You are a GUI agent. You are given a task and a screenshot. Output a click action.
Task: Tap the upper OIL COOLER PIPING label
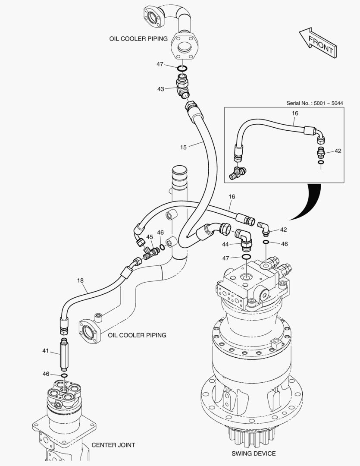pyautogui.click(x=138, y=39)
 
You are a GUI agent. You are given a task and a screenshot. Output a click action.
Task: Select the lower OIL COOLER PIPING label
pyautogui.click(x=137, y=335)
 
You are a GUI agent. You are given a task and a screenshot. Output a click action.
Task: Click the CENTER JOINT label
pyautogui.click(x=113, y=445)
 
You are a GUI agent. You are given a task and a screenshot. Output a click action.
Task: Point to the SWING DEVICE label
pyautogui.click(x=254, y=453)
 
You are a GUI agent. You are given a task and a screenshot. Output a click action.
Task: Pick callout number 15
pyautogui.click(x=183, y=148)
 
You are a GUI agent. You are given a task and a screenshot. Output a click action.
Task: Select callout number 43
pyautogui.click(x=160, y=89)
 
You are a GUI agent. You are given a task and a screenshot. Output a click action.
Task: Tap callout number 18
pyautogui.click(x=80, y=280)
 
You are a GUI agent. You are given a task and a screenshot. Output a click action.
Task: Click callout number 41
pyautogui.click(x=46, y=351)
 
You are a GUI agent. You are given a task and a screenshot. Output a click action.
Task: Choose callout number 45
pyautogui.click(x=150, y=237)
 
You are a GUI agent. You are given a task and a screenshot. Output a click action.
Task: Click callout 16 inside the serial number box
pyautogui.click(x=295, y=113)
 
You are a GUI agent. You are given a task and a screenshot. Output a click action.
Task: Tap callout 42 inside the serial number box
pyautogui.click(x=338, y=151)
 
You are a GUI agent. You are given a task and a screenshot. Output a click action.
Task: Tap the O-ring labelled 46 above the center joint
pyautogui.click(x=64, y=375)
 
